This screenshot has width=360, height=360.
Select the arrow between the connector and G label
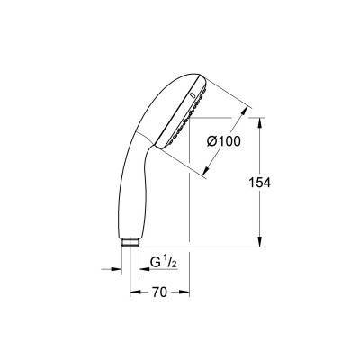pos(143,267)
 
